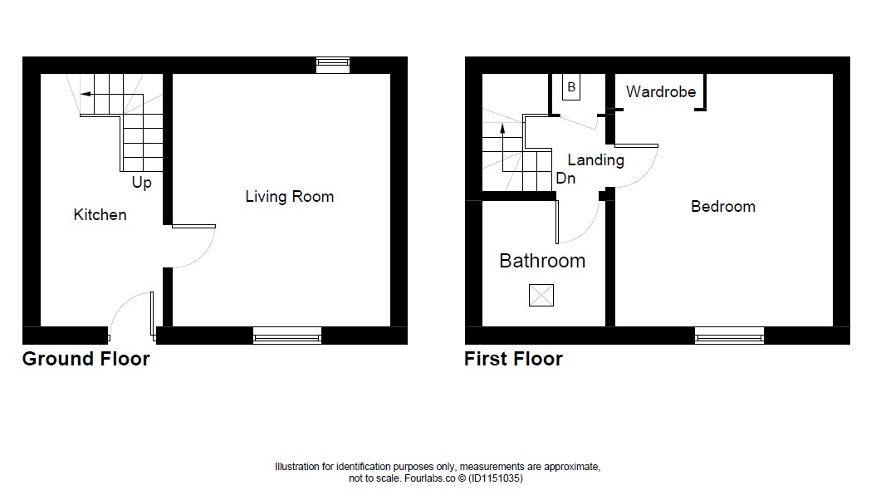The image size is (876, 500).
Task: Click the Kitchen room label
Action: pos(100,214)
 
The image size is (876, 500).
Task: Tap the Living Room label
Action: pos(290,197)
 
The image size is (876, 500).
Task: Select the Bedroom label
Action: pos(723,207)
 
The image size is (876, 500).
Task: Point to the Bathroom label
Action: pos(542,261)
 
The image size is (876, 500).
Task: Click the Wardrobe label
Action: pos(661,91)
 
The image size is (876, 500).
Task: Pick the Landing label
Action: pos(595,160)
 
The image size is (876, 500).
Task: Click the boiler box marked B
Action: pos(571,87)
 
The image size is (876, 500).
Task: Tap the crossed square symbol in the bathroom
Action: pos(541,295)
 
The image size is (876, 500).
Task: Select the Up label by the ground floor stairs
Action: pos(141,183)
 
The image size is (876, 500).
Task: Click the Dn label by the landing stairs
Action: pos(565,179)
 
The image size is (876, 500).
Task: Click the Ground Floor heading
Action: pos(86,359)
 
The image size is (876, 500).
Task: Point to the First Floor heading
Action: pos(513,359)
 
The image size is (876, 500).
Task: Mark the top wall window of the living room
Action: pos(333,65)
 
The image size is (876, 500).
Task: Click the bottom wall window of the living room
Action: pos(287,336)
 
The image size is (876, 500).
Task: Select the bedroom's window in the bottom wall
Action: pos(729,336)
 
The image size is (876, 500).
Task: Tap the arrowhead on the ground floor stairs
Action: pos(85,94)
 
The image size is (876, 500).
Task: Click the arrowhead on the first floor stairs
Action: pos(502,129)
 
